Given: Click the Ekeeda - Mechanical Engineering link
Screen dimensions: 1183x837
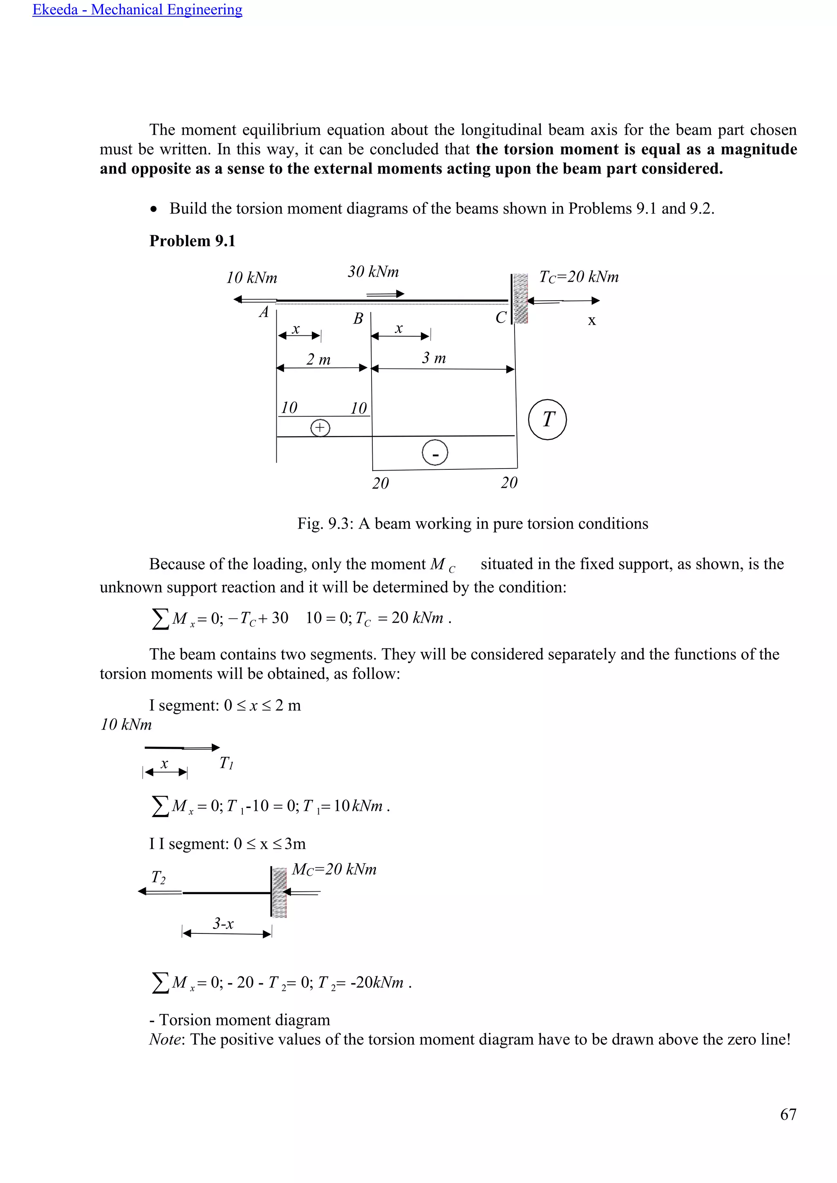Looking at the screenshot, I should coord(137,10).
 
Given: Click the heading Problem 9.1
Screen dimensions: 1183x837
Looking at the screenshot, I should coord(192,241).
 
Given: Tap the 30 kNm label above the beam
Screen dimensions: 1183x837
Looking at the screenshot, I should coord(373,272).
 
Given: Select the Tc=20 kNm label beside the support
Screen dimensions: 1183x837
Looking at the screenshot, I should coord(578,277).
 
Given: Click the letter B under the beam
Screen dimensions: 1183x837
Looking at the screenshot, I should coord(358,318).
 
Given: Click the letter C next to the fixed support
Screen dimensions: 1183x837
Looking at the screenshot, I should coord(501,317).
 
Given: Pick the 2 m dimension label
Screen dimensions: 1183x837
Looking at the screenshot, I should coord(318,359).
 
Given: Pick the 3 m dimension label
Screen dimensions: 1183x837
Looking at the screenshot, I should coord(434,357).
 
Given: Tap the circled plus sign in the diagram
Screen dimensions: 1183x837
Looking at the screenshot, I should coord(320,428).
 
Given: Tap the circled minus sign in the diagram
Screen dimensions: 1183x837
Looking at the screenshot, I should coord(435,453).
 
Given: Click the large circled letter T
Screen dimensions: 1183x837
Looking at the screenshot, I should coord(547,420).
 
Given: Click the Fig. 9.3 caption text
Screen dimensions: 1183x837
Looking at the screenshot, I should coord(472,524).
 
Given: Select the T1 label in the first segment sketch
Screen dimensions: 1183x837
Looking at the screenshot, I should coord(226,763).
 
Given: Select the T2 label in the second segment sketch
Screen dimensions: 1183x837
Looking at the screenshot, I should coord(158,877).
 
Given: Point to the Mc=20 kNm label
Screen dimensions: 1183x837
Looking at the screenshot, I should coord(334,869).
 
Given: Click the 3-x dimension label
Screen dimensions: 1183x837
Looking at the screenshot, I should coord(223,923).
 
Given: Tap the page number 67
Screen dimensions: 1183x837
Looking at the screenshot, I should coord(788,1114).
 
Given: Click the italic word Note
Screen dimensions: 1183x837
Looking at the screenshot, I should coord(164,1039).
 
